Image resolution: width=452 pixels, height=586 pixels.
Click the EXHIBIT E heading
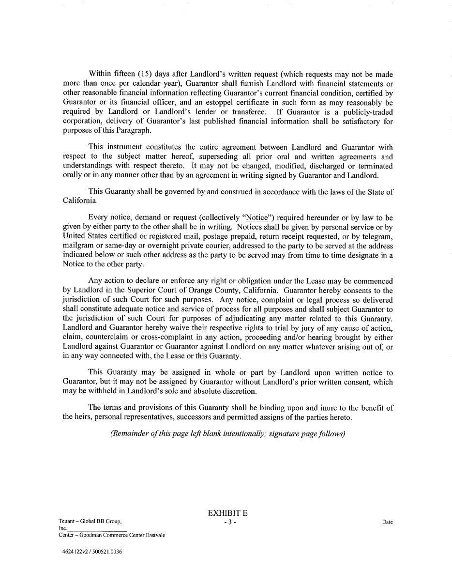(x=227, y=513)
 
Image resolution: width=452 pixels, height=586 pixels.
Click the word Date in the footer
(x=387, y=522)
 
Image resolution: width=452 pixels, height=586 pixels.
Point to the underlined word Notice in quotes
(x=256, y=218)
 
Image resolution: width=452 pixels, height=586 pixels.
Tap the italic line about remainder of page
(x=227, y=433)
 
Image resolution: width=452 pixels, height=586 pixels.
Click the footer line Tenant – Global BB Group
(x=90, y=522)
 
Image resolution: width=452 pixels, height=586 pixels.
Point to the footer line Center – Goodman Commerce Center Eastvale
(x=112, y=536)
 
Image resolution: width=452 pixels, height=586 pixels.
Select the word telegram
(x=376, y=236)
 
